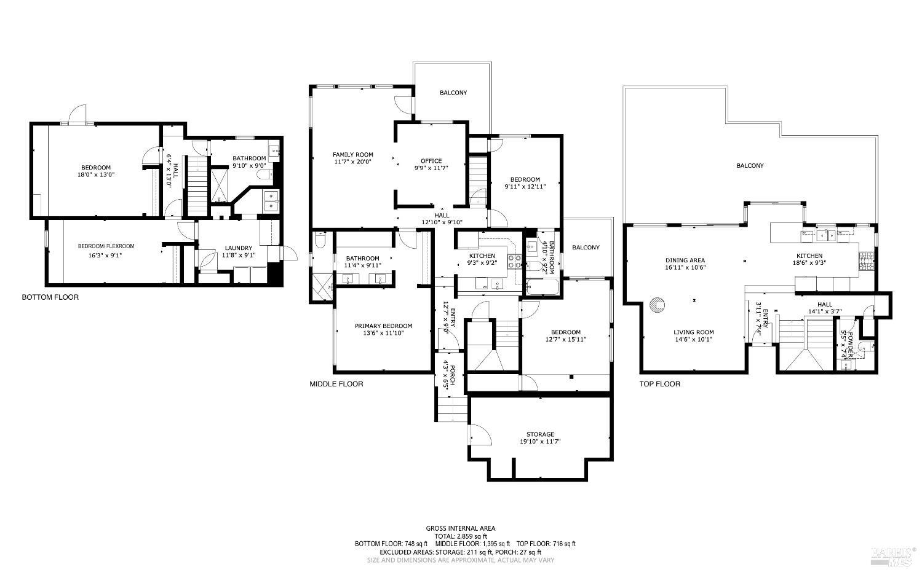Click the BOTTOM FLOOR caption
50,297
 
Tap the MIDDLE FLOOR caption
336,384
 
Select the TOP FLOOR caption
660,384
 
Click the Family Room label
352,155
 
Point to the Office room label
431,162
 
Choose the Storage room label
540,434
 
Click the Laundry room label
238,248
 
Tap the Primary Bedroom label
383,326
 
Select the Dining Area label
685,260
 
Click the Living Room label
693,332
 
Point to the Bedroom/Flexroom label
106,246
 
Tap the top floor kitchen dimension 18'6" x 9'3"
809,263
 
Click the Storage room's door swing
482,435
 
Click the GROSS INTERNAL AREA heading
461,528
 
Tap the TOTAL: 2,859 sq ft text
461,536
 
